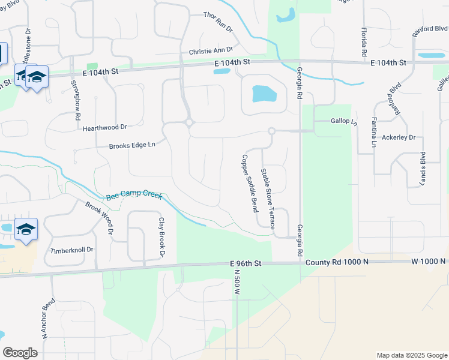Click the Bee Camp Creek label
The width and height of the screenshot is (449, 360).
(133, 196)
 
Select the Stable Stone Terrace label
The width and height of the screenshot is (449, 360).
(267, 199)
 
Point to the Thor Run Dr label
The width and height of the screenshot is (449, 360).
(217, 16)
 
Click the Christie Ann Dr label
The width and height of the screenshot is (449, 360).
(210, 52)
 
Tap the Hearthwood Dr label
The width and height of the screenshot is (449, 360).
(105, 127)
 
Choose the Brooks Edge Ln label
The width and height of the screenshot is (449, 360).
(132, 145)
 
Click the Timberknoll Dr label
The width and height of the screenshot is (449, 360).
(72, 250)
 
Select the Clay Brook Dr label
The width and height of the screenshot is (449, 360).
(161, 238)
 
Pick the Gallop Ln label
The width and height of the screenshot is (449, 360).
(344, 121)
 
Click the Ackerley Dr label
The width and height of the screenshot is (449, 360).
(399, 137)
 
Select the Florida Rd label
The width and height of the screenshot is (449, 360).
(364, 42)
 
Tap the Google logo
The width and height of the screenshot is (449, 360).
(20, 353)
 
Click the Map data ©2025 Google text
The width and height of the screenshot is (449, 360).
(411, 355)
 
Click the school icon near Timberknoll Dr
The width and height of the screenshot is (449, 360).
(26, 230)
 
